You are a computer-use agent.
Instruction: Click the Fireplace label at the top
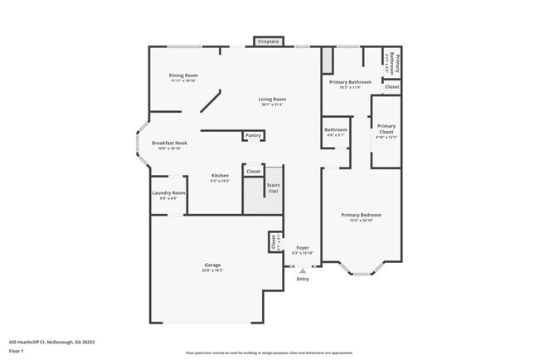(x=268, y=41)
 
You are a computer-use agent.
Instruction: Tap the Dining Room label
(x=182, y=75)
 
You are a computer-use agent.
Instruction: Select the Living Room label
(x=272, y=100)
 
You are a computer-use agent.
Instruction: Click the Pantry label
(x=253, y=135)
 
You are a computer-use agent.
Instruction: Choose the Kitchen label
(x=220, y=175)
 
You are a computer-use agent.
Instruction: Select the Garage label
(x=211, y=265)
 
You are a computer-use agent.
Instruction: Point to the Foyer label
(x=303, y=247)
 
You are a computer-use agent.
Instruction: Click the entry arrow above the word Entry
(x=303, y=270)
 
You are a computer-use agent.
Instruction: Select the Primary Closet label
(x=386, y=129)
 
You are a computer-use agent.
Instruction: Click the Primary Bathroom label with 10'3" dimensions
(x=349, y=82)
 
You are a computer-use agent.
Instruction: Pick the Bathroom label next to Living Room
(x=336, y=129)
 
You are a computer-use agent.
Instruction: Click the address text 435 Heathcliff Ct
(x=51, y=341)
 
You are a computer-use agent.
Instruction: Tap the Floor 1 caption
(x=17, y=350)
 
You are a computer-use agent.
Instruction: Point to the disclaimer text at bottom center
(x=269, y=353)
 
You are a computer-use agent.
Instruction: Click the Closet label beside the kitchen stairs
(x=253, y=172)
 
